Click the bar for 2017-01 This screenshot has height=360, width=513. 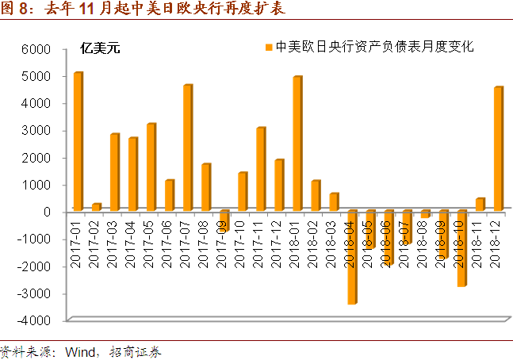click(x=78, y=142)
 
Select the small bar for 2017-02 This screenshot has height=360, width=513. click(x=96, y=207)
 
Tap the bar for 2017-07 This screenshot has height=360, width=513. click(x=187, y=147)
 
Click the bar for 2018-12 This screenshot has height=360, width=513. click(x=498, y=149)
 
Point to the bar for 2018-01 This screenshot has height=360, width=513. click(x=297, y=144)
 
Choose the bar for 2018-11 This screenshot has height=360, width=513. click(x=480, y=205)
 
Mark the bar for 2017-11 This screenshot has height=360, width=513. click(x=260, y=169)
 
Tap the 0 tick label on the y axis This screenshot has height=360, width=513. click(x=48, y=213)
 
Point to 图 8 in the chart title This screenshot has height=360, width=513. click(x=15, y=10)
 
